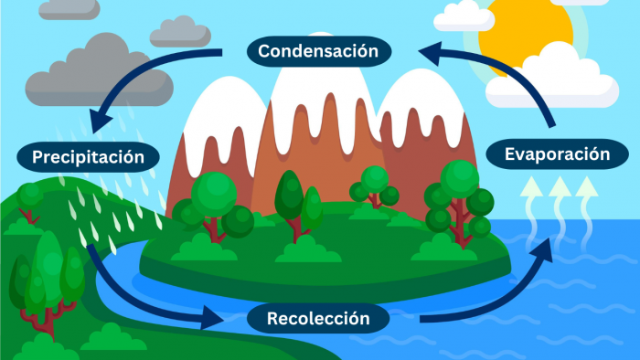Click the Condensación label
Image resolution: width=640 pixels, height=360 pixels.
tap(317, 50)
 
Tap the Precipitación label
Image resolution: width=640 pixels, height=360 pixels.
tap(89, 157)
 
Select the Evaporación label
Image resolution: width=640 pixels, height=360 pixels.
tap(557, 154)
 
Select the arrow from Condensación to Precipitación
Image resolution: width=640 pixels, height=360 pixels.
tap(146, 78)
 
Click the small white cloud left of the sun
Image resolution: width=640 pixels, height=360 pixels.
tap(464, 16)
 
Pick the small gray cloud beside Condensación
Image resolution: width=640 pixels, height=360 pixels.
tap(180, 32)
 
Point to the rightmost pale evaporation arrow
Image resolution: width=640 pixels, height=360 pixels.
tap(585, 199)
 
